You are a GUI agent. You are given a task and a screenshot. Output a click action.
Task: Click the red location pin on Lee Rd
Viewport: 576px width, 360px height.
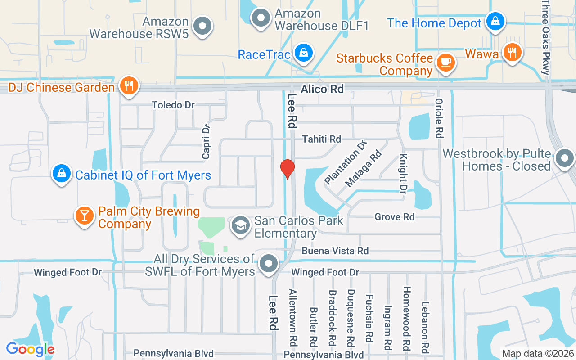(x=287, y=169)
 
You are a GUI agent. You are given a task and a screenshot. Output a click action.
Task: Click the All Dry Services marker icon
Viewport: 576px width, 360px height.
(x=269, y=264)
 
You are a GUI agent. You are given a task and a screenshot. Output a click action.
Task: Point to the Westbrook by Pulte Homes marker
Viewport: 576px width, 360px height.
(x=564, y=158)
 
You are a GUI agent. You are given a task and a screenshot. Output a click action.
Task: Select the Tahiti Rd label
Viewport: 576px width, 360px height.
(x=321, y=139)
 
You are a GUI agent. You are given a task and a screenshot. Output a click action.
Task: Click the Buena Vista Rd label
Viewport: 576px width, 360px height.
(x=335, y=251)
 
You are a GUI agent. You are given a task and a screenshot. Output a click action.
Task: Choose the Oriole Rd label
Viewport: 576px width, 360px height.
(x=440, y=118)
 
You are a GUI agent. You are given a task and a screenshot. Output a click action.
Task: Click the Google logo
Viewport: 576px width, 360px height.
(x=30, y=349)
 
